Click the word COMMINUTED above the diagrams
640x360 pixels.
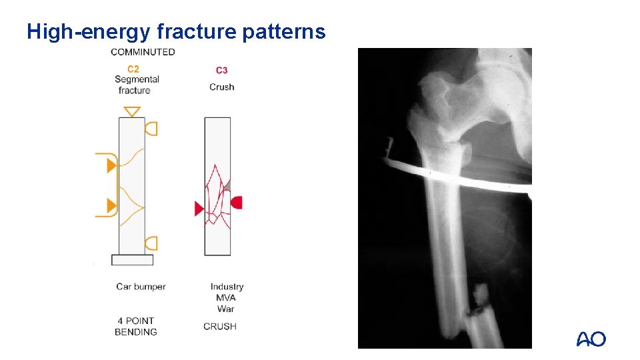pos(143,52)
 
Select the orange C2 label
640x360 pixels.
pos(133,69)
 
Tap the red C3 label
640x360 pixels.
pos(221,70)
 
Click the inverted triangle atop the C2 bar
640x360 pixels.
pos(132,111)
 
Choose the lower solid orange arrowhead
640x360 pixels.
pos(111,205)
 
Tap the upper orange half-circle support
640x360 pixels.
pos(152,128)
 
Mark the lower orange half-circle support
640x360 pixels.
pos(152,243)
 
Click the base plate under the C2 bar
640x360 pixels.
pos(132,259)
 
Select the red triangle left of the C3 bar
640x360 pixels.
pos(199,209)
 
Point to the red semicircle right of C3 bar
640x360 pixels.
pos(236,202)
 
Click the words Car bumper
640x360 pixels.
pos(141,287)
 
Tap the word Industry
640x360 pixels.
pos(227,287)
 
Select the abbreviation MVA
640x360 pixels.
pos(226,297)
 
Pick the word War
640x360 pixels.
pos(225,309)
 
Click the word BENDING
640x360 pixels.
pos(136,332)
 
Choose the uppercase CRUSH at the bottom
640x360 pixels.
pos(220,326)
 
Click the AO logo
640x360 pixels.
pos(591,339)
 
